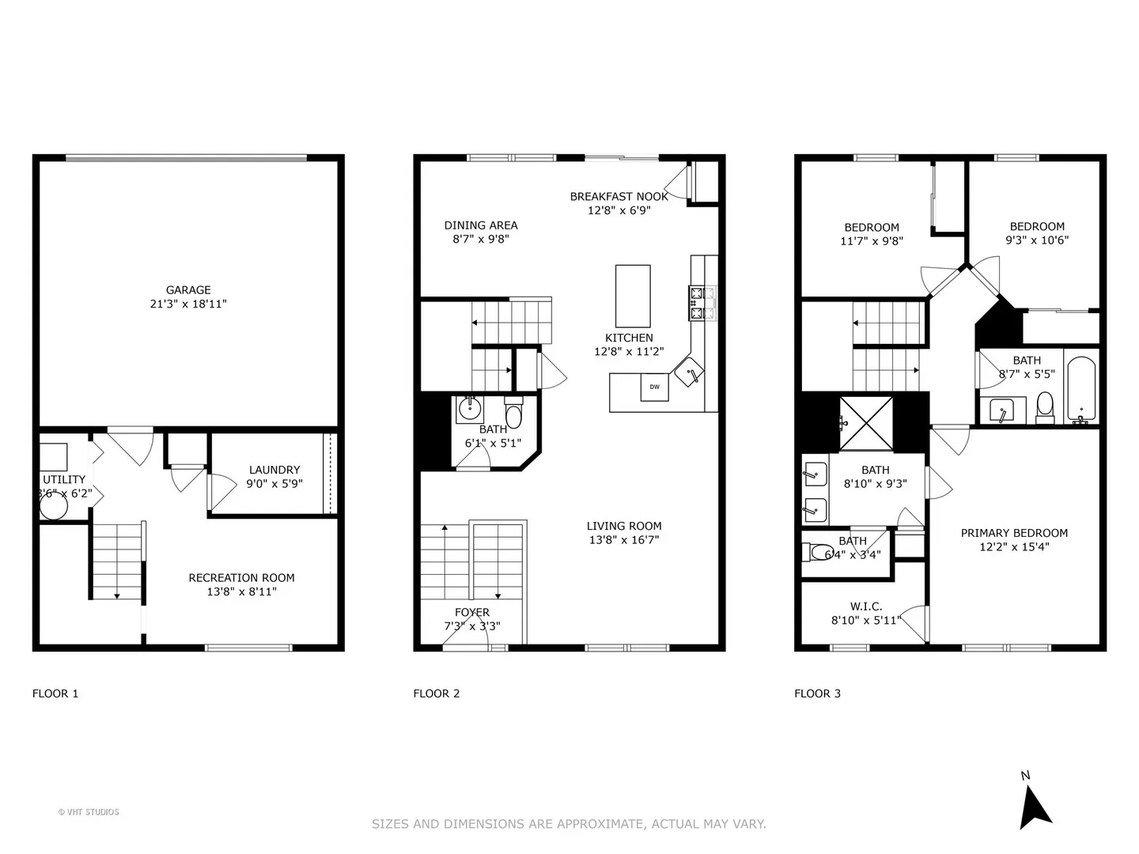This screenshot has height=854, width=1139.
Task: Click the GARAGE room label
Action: click(x=188, y=290)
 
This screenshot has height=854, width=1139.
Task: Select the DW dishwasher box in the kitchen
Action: click(x=655, y=387)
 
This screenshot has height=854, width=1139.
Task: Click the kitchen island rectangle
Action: click(x=633, y=296)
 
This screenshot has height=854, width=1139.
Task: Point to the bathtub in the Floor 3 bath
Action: click(x=1081, y=389)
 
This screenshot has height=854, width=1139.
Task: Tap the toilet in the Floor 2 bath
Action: click(x=513, y=412)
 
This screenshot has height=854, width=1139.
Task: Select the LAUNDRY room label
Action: click(x=274, y=470)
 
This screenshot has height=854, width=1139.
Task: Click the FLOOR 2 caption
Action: click(x=437, y=693)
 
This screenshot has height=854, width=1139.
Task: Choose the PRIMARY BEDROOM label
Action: click(x=1014, y=532)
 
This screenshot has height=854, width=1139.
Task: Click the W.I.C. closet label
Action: click(x=866, y=606)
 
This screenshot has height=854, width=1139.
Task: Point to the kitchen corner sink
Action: click(x=689, y=372)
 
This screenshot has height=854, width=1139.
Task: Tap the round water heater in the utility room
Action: click(x=54, y=505)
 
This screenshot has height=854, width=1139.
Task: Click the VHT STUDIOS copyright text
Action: click(x=89, y=812)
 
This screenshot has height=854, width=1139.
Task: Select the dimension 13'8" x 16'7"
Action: click(x=624, y=540)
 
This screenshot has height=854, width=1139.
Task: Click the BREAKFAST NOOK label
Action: click(x=619, y=197)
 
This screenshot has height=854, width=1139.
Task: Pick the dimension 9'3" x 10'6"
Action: click(x=1037, y=240)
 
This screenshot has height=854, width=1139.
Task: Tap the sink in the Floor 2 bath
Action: click(x=470, y=410)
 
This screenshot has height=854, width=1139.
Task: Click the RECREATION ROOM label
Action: click(x=241, y=577)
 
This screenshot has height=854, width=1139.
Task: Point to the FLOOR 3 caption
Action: click(x=817, y=693)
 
